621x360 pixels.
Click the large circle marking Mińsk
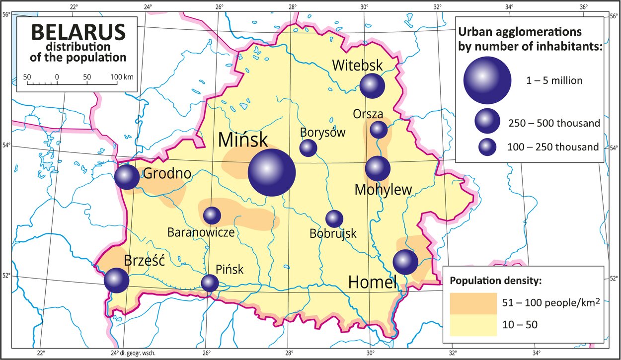(x=272, y=172)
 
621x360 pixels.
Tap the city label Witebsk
(x=357, y=65)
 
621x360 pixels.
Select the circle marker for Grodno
(x=127, y=177)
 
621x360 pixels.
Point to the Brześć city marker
(x=116, y=280)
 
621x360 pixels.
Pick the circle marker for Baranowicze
(x=212, y=215)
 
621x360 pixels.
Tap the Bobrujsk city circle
(x=334, y=218)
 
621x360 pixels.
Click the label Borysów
(x=322, y=133)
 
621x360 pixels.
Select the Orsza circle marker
(x=379, y=130)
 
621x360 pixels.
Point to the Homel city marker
(x=405, y=262)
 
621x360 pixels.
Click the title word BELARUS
(x=78, y=33)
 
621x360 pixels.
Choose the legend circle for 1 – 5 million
(x=487, y=80)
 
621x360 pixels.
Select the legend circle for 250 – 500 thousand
(x=487, y=121)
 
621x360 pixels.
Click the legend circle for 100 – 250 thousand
(x=487, y=146)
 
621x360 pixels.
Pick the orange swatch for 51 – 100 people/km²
(x=473, y=303)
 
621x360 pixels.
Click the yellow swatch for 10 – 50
(x=473, y=325)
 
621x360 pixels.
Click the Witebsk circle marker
(x=372, y=86)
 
